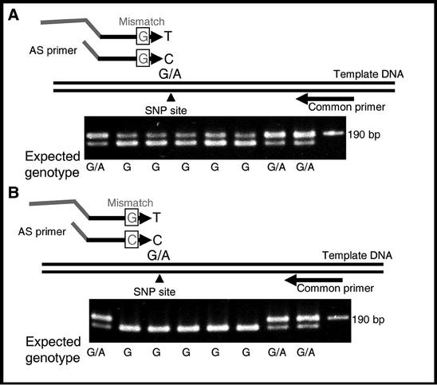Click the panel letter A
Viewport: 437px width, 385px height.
click(13, 14)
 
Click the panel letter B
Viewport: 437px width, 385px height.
click(13, 193)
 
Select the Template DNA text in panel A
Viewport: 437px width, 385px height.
click(369, 75)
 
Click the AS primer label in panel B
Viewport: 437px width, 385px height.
click(38, 239)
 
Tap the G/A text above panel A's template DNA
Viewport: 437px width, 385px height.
click(170, 76)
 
